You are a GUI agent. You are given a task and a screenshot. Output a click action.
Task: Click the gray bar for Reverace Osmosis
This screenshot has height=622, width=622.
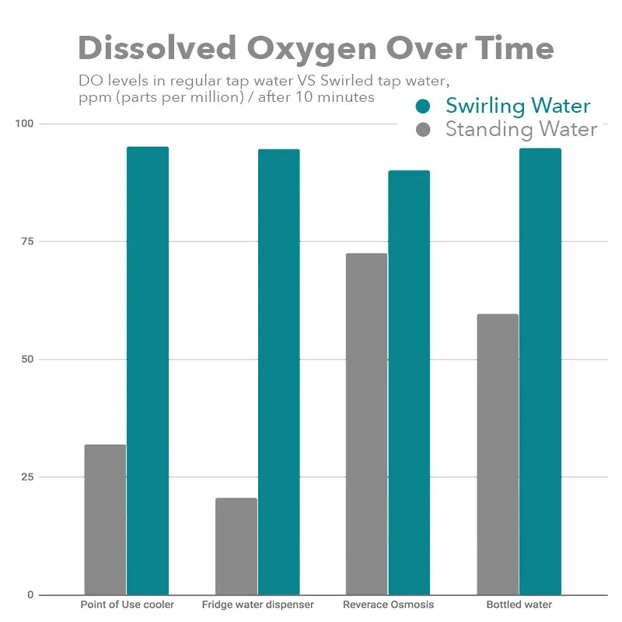[366, 424]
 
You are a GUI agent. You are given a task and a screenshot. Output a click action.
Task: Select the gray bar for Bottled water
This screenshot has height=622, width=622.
[498, 454]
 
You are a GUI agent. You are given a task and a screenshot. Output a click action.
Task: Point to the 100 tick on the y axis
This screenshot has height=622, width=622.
[26, 124]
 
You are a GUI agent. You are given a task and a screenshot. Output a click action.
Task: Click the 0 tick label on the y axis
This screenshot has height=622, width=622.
[29, 595]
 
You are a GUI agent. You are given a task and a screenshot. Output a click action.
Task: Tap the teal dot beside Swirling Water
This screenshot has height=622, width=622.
[424, 107]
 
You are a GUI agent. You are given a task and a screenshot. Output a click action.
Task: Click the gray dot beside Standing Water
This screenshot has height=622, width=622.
[424, 129]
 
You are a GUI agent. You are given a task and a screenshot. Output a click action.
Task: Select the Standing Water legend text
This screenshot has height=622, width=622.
[521, 129]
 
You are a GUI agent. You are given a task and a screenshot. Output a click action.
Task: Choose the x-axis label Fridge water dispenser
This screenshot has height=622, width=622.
[257, 605]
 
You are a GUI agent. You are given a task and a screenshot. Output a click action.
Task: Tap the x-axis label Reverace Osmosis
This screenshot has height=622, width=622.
[388, 605]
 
